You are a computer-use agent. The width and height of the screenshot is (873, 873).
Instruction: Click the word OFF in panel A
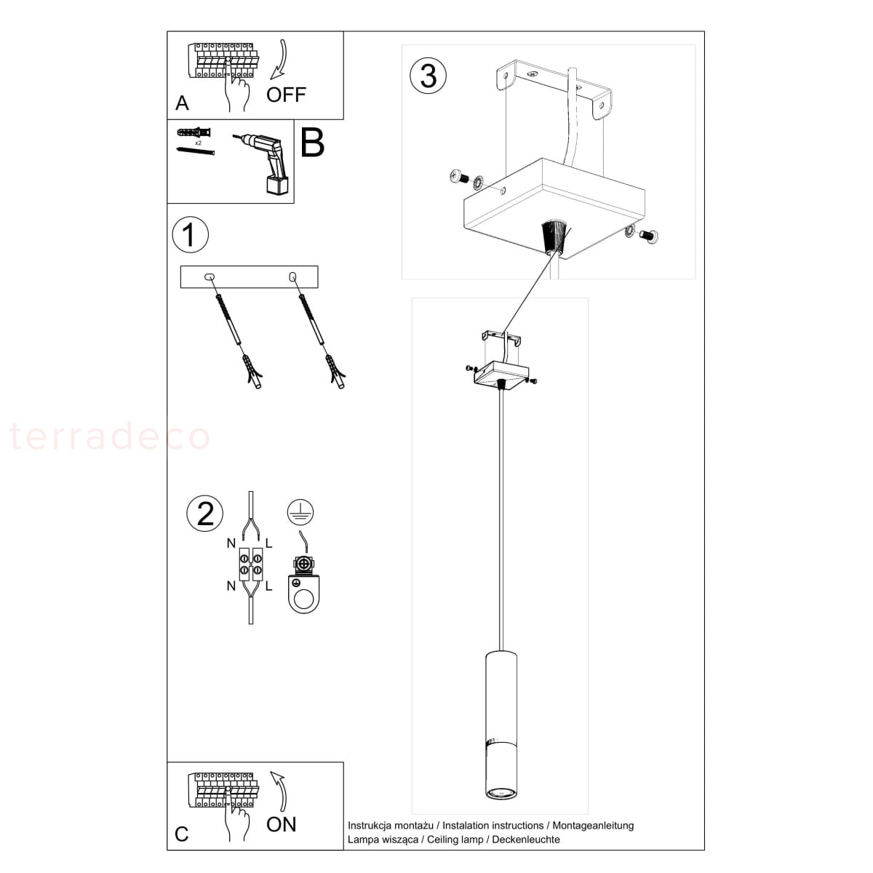[286, 95]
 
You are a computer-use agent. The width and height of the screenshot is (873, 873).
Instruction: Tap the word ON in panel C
[281, 824]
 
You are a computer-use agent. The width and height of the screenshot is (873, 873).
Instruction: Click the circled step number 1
[191, 235]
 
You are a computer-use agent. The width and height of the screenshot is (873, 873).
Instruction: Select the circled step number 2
[204, 514]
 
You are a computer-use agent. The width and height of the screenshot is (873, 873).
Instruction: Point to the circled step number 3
[428, 75]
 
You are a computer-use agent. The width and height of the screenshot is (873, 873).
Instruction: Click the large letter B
[313, 143]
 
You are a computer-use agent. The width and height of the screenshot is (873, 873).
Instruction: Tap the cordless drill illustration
[263, 164]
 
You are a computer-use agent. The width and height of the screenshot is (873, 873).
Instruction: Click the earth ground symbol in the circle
[300, 512]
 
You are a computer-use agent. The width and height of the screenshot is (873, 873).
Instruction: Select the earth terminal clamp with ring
[303, 584]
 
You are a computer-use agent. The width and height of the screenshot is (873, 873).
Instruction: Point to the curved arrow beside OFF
[279, 59]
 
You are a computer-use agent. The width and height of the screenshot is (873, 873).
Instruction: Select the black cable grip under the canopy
[555, 236]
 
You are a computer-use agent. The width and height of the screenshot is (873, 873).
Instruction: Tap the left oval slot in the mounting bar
[210, 276]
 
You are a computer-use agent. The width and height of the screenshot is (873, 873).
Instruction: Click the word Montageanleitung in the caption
[593, 826]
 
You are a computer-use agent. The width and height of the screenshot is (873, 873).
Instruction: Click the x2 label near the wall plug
[198, 143]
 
